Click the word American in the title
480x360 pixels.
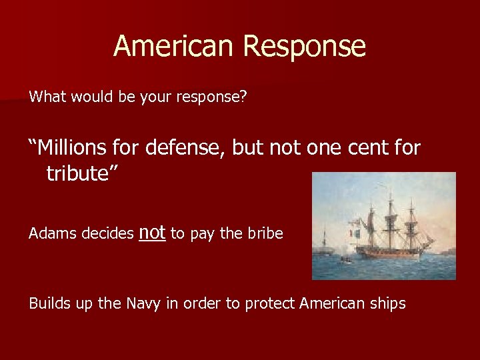pyautogui.click(x=174, y=46)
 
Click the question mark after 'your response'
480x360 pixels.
pyautogui.click(x=243, y=97)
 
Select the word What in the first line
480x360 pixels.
pyautogui.click(x=47, y=97)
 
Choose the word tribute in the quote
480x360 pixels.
pyautogui.click(x=77, y=173)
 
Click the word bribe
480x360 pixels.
pyautogui.click(x=265, y=234)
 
